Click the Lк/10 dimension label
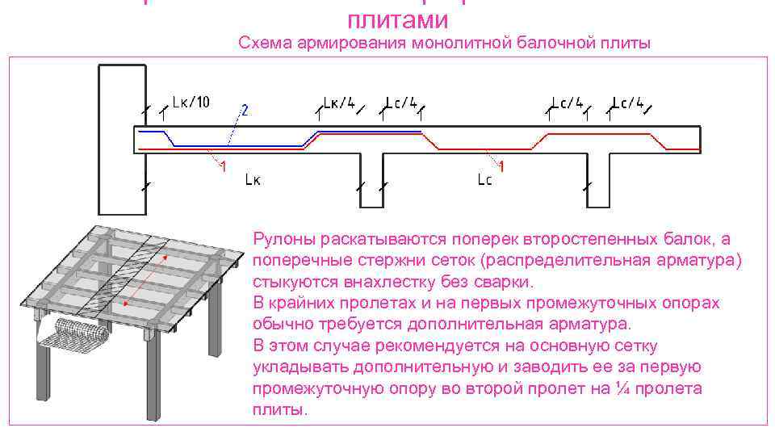coord(191,102)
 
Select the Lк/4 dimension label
coord(339,103)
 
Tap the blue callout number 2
coord(245,110)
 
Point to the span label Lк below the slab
coord(252,181)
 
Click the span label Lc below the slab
coord(484,180)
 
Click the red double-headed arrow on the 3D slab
coord(145,279)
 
